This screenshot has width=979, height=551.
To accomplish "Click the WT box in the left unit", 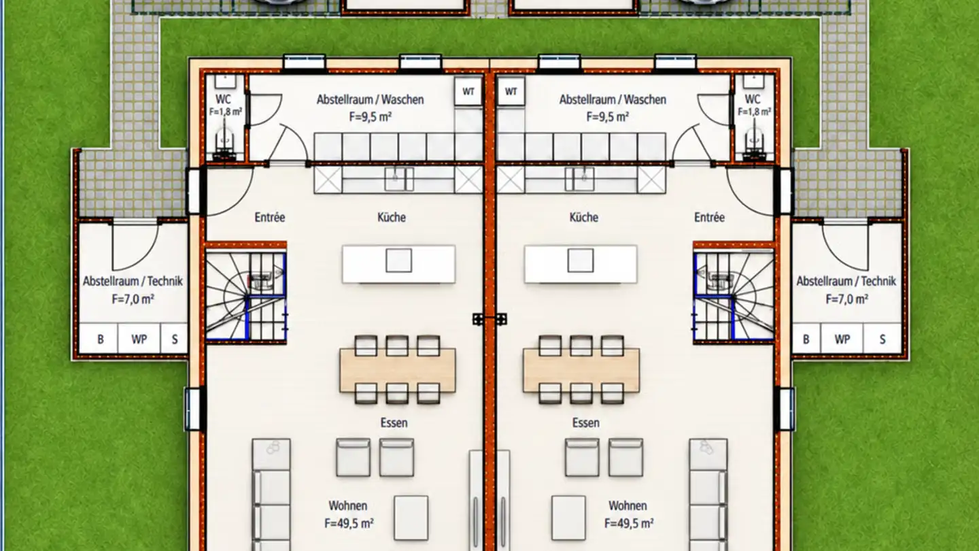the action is [x=468, y=91].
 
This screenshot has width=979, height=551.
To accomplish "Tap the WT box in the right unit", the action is [x=511, y=91].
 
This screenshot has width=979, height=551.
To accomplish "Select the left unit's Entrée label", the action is [x=270, y=218].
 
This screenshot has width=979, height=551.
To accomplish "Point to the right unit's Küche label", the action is [x=584, y=218].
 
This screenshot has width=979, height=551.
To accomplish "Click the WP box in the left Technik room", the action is [x=139, y=339].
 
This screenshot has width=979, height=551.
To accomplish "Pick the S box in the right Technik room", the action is [x=882, y=339].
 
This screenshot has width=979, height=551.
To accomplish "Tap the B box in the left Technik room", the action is [x=100, y=339].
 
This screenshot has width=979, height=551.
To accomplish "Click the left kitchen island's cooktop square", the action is [x=398, y=261].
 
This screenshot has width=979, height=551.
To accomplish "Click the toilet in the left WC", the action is [x=225, y=141].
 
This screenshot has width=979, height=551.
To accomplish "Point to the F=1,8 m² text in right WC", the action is [x=755, y=112].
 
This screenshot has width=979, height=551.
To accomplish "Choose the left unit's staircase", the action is [x=245, y=296].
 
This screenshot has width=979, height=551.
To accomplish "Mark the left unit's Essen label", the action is [x=394, y=423].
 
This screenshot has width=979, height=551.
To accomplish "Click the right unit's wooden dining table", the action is [x=581, y=370].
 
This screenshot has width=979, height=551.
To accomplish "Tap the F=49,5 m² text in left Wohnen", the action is [x=349, y=523].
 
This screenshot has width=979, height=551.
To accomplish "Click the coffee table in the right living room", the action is [x=568, y=518].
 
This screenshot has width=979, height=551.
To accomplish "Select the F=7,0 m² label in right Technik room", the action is [x=846, y=299].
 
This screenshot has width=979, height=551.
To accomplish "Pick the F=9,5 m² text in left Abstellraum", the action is [x=370, y=117].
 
